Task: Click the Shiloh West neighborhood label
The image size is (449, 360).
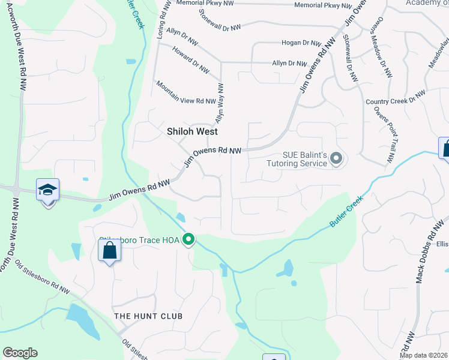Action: point(191,131)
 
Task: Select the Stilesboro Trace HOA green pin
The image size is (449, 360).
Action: point(188,239)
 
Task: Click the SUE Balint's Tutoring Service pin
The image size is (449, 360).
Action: point(336,159)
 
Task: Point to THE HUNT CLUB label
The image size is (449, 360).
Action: point(148,316)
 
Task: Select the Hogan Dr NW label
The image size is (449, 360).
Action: point(304,43)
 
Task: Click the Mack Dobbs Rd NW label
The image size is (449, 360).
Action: point(426,252)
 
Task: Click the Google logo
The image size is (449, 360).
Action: point(20,353)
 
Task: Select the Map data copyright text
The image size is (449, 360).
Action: point(424,355)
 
